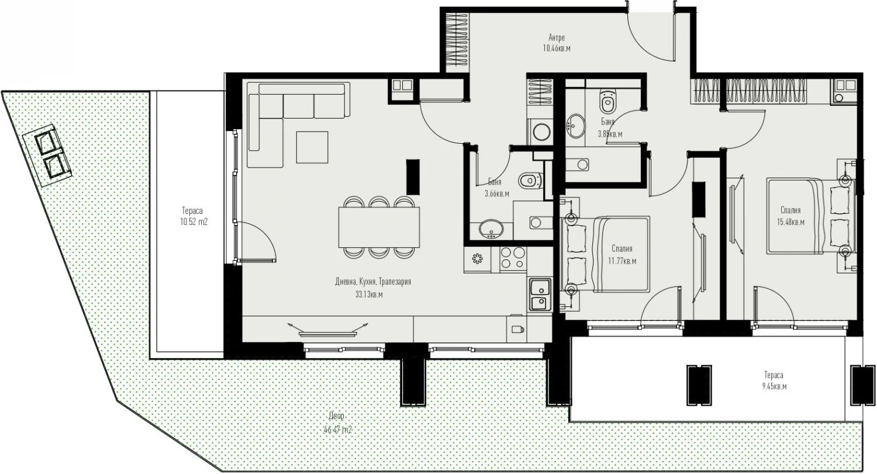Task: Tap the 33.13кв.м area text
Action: [x=369, y=295]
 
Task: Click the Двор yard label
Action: [x=337, y=416]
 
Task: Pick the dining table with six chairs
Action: [x=378, y=227]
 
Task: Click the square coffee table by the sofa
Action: [x=312, y=147]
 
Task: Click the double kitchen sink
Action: [x=538, y=296]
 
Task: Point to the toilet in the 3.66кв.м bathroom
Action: [x=527, y=179]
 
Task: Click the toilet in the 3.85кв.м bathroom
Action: [x=607, y=103]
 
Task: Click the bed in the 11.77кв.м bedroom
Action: [x=608, y=254]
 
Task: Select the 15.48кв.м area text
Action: [x=790, y=222]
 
